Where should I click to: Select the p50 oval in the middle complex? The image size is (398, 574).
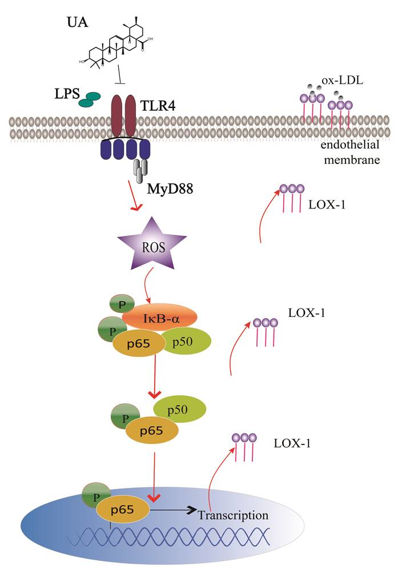(x=179, y=410)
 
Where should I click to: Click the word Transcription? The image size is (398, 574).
(x=233, y=515)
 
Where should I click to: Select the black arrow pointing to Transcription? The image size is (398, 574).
(x=172, y=507)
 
